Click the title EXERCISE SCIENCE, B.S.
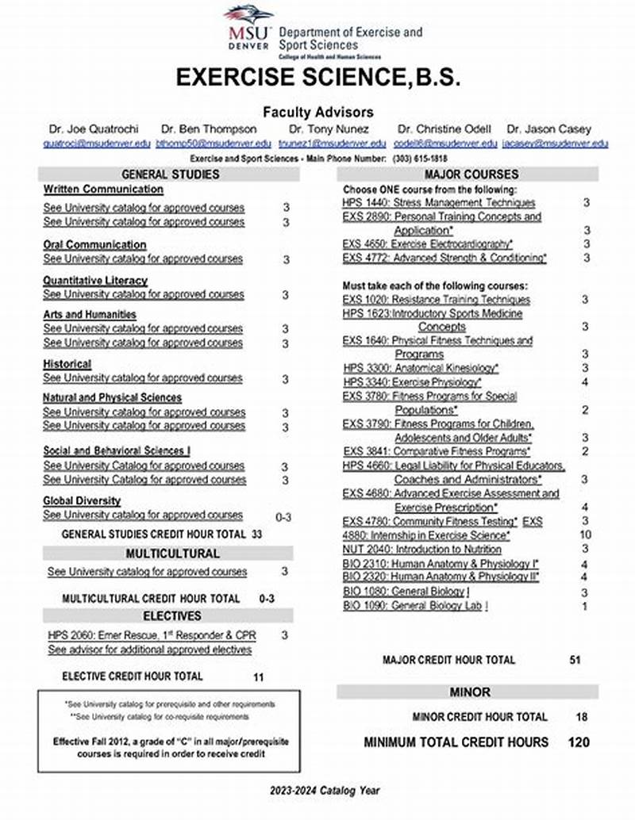[317, 79]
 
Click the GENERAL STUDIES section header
[170, 174]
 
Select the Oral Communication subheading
[94, 244]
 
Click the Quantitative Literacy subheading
[95, 280]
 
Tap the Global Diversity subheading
[82, 500]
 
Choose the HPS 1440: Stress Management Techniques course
[439, 203]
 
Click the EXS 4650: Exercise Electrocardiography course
[428, 243]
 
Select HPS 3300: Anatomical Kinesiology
[421, 368]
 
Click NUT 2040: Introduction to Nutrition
[421, 549]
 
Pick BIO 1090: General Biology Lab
[415, 605]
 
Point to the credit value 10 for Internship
[585, 535]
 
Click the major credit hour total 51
[576, 659]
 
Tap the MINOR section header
[470, 692]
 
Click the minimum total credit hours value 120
[579, 742]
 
